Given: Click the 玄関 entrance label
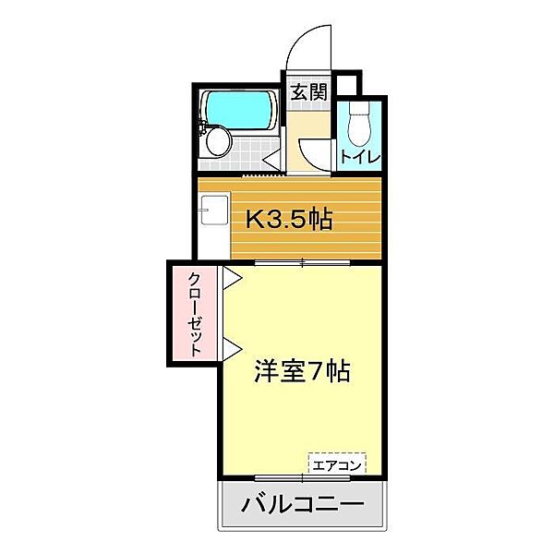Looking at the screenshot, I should click(308, 92).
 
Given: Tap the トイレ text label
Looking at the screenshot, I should click(360, 156).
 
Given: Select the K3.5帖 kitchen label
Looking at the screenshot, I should click(288, 220).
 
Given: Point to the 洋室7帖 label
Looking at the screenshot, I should click(302, 372).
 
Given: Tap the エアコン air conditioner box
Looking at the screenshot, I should click(337, 464).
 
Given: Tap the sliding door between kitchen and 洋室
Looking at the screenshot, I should click(303, 264).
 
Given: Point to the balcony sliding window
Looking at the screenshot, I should click(302, 477).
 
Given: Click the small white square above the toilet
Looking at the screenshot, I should click(345, 85).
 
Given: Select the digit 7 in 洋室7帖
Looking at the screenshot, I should click(314, 372).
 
